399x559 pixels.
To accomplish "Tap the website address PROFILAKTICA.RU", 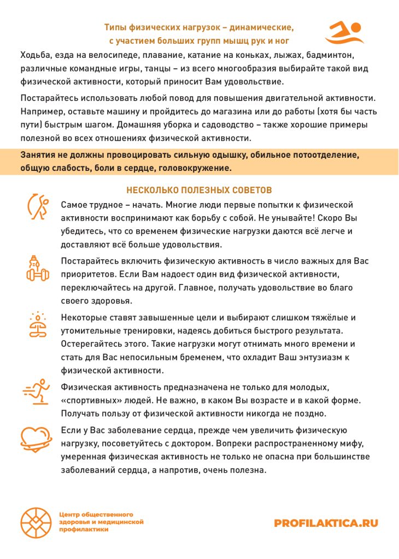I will click(326, 523).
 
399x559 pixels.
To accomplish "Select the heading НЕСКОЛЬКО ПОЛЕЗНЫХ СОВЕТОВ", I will click(199, 191).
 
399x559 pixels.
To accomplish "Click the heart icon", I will click(36, 437).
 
